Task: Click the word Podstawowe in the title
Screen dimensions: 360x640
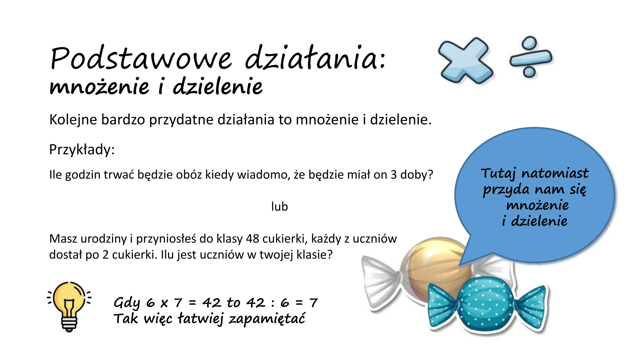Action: pos(141,59)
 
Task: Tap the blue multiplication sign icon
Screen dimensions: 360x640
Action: pos(465,61)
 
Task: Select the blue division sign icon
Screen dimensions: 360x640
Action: pos(530,57)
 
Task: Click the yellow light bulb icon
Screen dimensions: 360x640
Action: pos(69,305)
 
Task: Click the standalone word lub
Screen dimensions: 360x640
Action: pos(279,207)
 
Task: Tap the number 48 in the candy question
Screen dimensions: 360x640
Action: pos(252,239)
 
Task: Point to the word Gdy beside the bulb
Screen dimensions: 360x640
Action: pos(127,303)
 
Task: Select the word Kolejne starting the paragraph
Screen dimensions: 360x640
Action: pos(73,120)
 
